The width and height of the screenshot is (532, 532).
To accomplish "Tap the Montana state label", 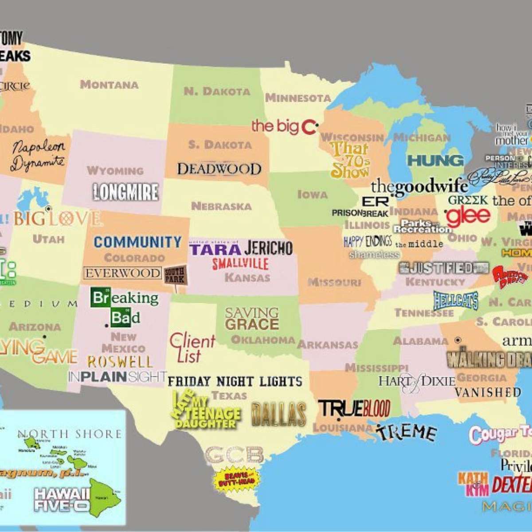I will click(x=109, y=84).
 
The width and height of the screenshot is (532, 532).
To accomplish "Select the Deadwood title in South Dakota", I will click(x=219, y=169).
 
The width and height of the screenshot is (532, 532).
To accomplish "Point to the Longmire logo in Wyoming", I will click(x=125, y=192).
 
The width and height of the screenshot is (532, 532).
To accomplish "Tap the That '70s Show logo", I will click(x=350, y=160).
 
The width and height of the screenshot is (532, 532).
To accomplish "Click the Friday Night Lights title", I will click(x=235, y=381).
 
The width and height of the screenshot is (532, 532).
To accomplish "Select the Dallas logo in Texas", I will click(x=278, y=415).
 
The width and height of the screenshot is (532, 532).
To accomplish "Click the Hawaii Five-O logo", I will click(x=62, y=499).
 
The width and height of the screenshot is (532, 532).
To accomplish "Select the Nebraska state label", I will click(x=221, y=206).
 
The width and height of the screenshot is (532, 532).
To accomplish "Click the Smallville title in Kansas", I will click(x=240, y=263).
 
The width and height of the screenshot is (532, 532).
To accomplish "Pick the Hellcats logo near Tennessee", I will click(x=455, y=301).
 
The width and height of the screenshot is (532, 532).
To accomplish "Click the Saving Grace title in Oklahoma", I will click(x=252, y=319).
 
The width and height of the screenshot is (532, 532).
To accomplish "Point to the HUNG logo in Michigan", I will click(x=435, y=160).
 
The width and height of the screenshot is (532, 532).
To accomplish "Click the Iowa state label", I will click(x=313, y=194).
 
